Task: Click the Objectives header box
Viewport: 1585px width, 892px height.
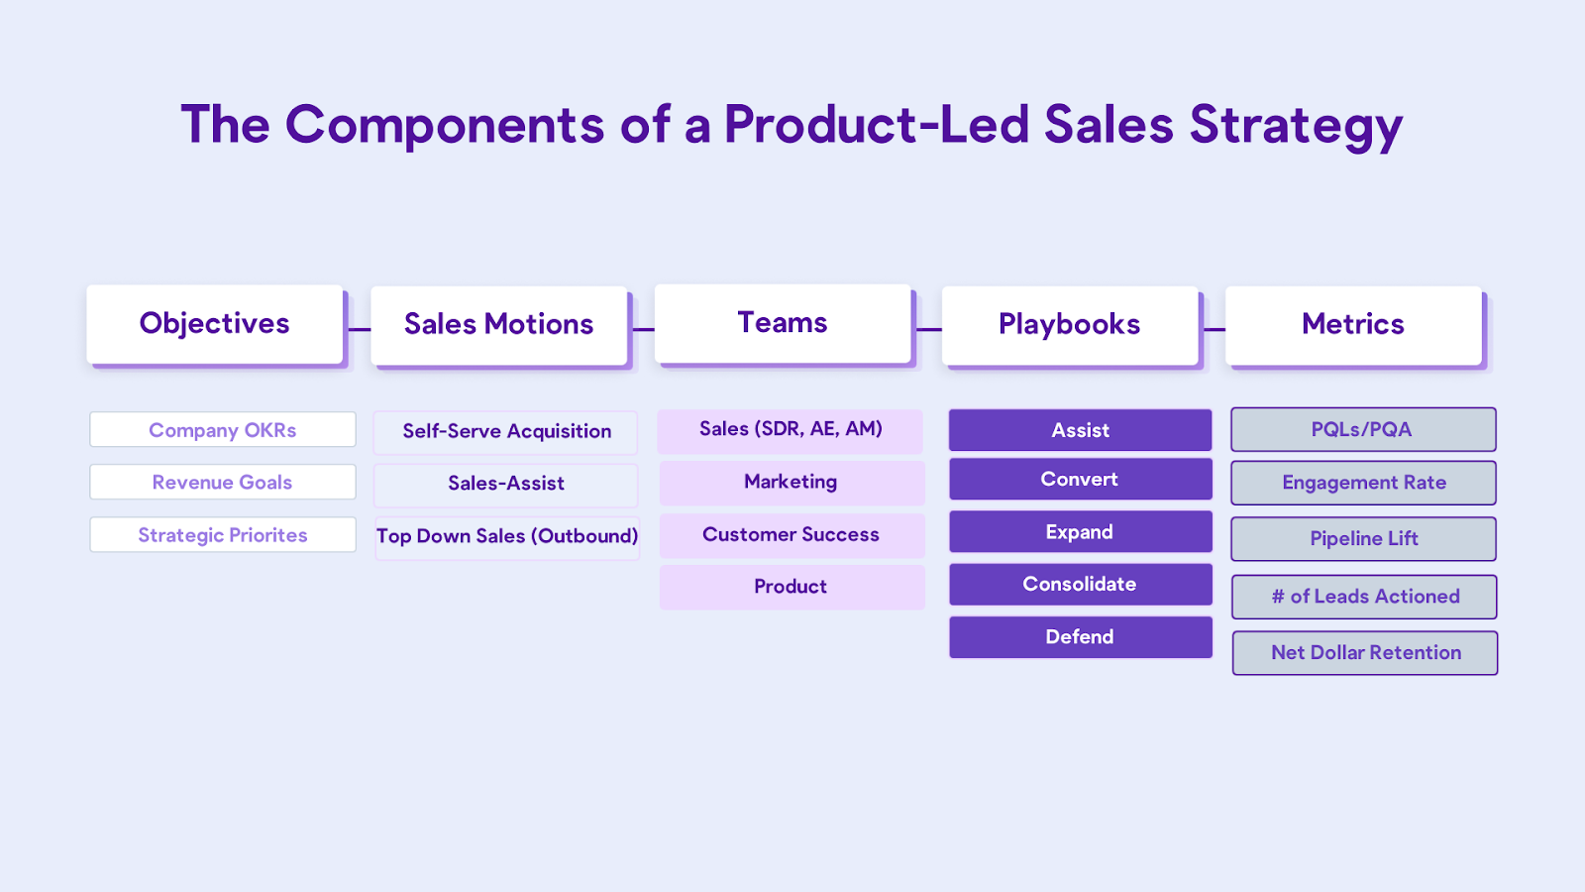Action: click(215, 324)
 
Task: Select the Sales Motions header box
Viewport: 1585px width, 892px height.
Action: click(499, 326)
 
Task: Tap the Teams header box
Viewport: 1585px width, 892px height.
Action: click(783, 323)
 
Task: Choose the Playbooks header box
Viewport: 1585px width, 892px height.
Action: click(1070, 326)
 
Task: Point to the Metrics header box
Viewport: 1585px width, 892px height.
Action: click(1353, 326)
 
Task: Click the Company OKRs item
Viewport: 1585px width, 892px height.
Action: click(223, 430)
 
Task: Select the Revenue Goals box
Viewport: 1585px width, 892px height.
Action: click(223, 482)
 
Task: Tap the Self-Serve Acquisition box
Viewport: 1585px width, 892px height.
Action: click(506, 432)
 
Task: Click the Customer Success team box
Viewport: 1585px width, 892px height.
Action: click(792, 535)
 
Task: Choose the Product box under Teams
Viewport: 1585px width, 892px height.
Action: click(792, 588)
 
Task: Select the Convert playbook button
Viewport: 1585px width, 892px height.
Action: click(1081, 480)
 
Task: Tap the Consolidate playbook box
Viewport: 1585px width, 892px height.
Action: click(1081, 585)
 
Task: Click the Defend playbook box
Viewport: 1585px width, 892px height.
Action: click(1081, 637)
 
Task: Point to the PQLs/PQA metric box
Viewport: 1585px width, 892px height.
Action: click(1363, 429)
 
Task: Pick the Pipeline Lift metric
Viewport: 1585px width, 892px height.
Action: click(1363, 539)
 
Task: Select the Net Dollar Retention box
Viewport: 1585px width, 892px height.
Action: click(1365, 653)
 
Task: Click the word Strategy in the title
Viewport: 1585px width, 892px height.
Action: click(1296, 126)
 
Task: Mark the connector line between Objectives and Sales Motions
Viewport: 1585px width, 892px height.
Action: click(360, 329)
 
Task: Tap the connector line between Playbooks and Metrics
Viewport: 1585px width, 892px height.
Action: click(1215, 329)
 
